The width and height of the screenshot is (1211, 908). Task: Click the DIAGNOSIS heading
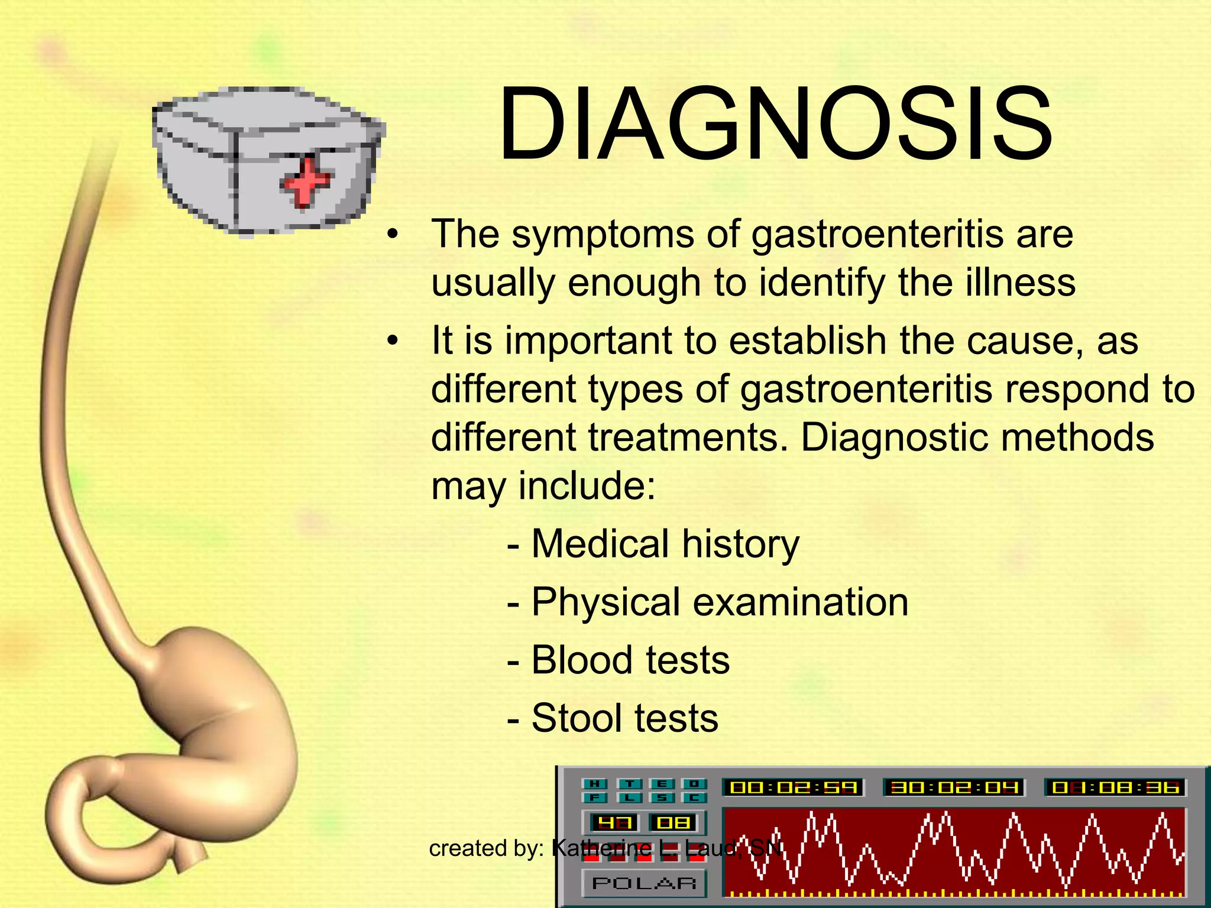pyautogui.click(x=775, y=124)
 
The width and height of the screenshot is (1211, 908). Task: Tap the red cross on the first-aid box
pyautogui.click(x=305, y=181)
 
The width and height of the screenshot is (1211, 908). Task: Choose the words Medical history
pyautogui.click(x=665, y=544)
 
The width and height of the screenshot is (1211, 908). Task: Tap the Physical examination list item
pyautogui.click(x=719, y=602)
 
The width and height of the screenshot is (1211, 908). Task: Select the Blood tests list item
pyautogui.click(x=630, y=660)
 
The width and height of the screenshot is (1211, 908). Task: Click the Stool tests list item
pyautogui.click(x=624, y=718)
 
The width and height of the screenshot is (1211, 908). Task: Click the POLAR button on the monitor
pyautogui.click(x=644, y=883)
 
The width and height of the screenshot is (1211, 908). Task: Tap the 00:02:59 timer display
pyautogui.click(x=793, y=787)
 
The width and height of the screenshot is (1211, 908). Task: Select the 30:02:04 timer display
pyautogui.click(x=953, y=787)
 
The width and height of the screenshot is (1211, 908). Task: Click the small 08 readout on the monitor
pyautogui.click(x=674, y=822)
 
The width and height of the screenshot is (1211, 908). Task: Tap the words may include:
pyautogui.click(x=543, y=487)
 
